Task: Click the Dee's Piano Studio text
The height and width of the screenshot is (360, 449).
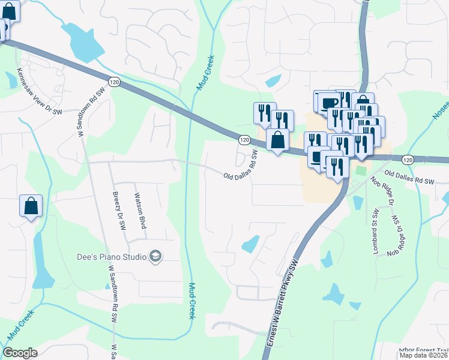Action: pos(112,257)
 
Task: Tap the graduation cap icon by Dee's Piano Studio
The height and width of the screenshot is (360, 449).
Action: pos(155,257)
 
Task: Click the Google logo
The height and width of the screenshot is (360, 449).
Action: pos(20,353)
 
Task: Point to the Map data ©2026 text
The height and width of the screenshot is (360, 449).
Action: pos(424,356)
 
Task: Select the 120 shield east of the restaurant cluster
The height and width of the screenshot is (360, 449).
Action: pos(408,160)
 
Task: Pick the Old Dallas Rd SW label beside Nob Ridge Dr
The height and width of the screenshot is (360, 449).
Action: pos(409,178)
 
